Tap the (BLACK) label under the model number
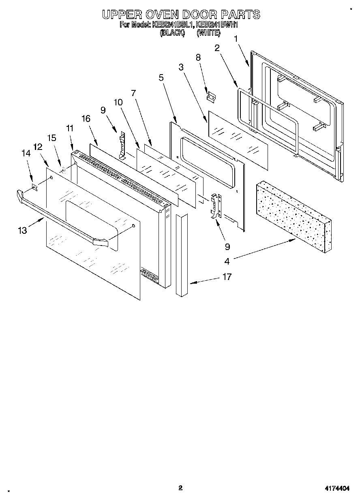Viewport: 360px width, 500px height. click(172, 33)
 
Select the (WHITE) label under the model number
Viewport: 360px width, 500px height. click(208, 33)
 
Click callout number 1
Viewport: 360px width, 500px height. click(236, 39)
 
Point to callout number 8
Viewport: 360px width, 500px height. click(198, 58)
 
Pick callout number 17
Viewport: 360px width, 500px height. click(227, 277)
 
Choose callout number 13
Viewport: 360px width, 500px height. click(22, 230)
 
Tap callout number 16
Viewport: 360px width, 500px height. click(86, 118)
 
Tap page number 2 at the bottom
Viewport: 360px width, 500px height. click(180, 488)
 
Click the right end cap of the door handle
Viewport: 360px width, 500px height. click(101, 242)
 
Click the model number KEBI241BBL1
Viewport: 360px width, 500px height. click(174, 25)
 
